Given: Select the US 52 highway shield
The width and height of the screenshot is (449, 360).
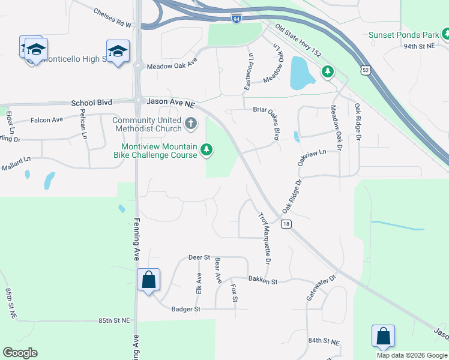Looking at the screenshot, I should pos(366,70).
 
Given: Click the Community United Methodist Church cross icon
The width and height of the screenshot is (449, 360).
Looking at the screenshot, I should pos(191,124).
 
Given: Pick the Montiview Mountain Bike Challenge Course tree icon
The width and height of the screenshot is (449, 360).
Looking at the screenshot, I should pos(206,149).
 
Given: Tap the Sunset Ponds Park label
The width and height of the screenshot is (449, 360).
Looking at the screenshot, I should pos(403,35).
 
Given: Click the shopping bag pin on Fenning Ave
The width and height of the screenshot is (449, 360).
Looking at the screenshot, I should pos(148,280).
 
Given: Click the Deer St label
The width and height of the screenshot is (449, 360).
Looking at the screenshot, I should pos(198,257).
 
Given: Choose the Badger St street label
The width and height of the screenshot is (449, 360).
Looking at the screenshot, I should pos(185,309).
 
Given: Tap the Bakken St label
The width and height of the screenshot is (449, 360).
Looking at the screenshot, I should pos(262,281).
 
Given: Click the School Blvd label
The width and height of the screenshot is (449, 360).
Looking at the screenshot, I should pos(92,103).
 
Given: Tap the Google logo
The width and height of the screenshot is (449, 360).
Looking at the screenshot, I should pos(20,353).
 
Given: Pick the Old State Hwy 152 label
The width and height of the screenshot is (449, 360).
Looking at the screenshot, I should pos(299,39).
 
